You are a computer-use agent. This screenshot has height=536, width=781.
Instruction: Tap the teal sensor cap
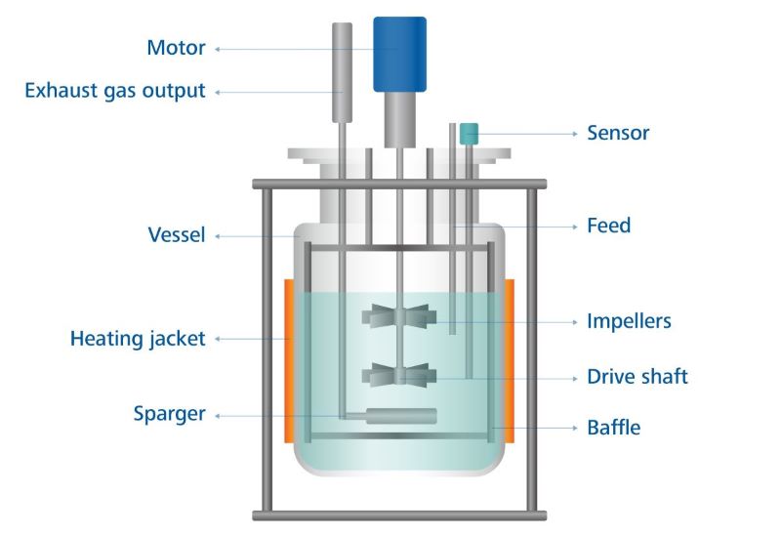pos(469,131)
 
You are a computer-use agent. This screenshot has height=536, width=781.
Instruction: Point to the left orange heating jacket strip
pos(290,359)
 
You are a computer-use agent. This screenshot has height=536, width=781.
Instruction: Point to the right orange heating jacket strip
pos(510,359)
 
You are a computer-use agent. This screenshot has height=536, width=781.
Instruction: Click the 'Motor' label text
pos(176,48)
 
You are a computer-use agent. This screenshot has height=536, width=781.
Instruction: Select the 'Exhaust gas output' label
pos(115,92)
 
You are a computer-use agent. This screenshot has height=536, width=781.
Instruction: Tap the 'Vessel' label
pos(177,234)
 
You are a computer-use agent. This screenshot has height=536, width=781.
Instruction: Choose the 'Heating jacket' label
pos(138,340)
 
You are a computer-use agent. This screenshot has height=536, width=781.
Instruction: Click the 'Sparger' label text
pos(169,414)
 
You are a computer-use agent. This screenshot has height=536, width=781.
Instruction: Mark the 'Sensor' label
pos(618,133)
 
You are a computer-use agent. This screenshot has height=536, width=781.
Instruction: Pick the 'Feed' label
pos(608,226)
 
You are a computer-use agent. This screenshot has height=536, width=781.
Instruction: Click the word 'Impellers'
pos(629,321)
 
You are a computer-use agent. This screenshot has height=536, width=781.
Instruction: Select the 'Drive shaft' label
pos(637,377)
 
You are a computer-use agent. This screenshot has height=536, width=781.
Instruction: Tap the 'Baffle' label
pos(614,427)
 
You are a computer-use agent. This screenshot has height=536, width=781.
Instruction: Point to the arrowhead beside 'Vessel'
pos(219,235)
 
